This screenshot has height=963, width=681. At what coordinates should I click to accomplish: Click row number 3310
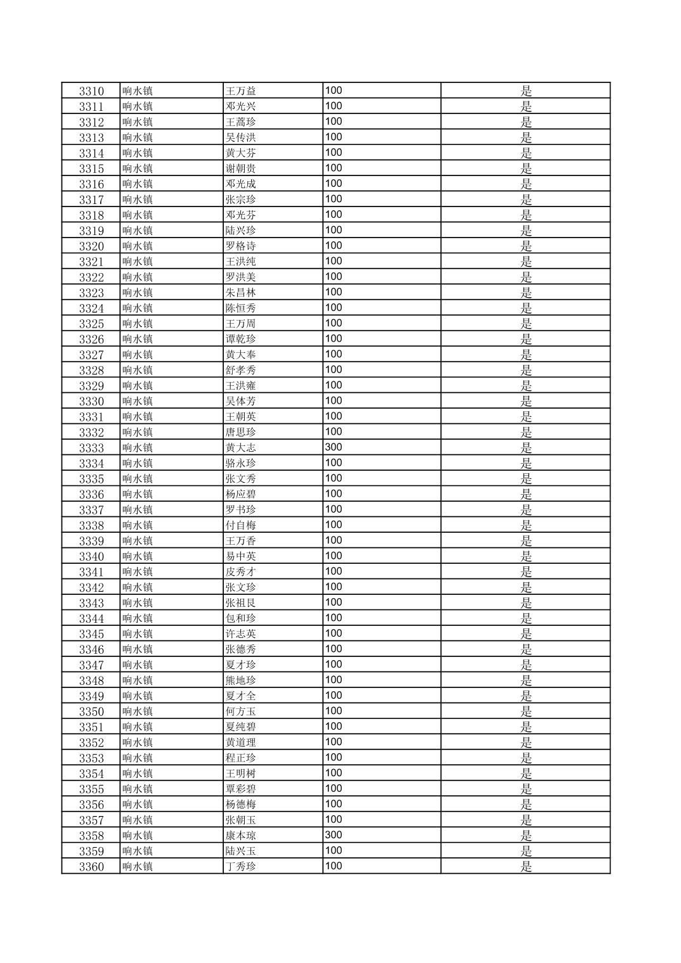tap(91, 91)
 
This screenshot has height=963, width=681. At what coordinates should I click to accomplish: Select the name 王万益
tap(241, 91)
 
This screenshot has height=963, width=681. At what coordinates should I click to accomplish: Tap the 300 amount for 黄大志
tap(334, 447)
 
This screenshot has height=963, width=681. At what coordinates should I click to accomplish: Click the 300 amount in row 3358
tap(334, 835)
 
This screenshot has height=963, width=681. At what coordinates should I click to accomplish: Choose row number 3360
tap(91, 867)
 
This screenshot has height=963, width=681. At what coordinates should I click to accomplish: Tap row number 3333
tap(91, 448)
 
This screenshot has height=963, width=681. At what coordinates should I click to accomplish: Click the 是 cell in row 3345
tap(526, 634)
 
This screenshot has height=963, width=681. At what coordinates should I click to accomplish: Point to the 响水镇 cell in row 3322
tap(138, 277)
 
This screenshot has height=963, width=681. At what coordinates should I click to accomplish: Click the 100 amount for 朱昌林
tap(334, 292)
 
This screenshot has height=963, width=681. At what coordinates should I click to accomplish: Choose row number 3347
tap(91, 665)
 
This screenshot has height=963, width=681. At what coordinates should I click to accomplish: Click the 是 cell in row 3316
tap(526, 184)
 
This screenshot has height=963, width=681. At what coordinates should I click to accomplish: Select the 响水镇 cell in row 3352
tap(138, 743)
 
